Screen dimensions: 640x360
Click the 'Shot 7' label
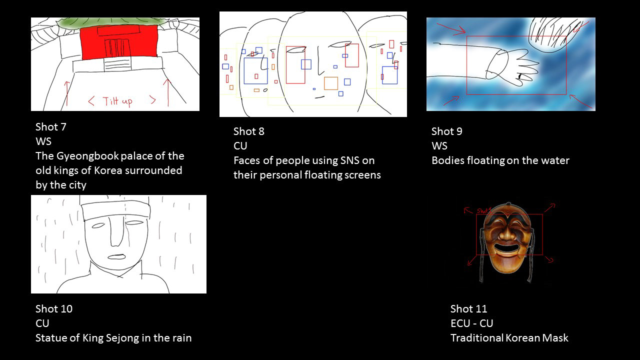50,127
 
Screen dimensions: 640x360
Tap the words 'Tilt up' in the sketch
117,101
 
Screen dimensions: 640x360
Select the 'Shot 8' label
248,131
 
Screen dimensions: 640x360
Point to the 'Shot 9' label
446,131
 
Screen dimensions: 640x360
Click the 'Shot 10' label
53,309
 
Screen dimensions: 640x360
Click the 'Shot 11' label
468,309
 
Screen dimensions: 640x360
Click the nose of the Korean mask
506,233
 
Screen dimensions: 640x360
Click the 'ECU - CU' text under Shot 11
471,323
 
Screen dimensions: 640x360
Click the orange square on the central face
331,83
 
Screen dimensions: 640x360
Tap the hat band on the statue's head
115,210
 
